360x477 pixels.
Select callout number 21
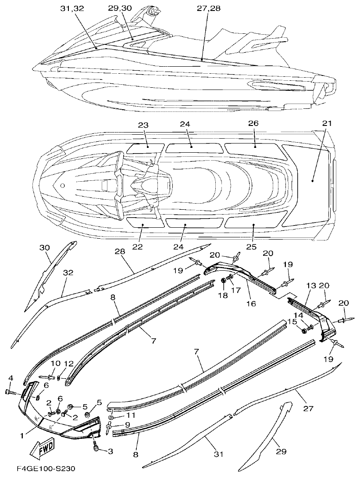[325, 124]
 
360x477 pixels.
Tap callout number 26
[253, 124]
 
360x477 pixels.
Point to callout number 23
[144, 124]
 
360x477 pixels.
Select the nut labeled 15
[304, 330]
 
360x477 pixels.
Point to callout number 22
[138, 247]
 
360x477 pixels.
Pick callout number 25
[251, 247]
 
